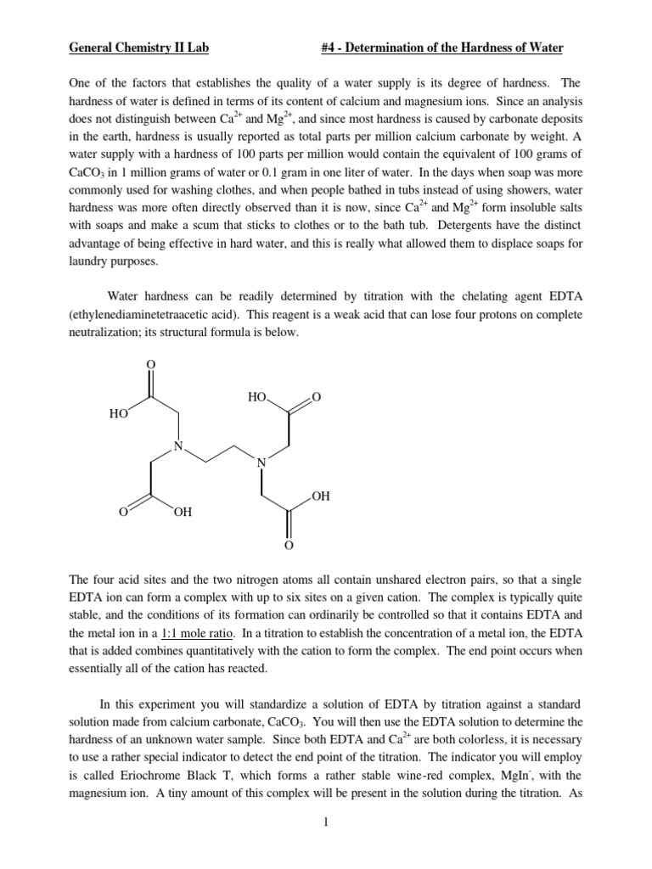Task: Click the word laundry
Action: coord(90,262)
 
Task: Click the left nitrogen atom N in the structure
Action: coord(177,446)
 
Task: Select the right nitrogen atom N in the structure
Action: coord(261,463)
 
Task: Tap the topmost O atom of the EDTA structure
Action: coord(151,364)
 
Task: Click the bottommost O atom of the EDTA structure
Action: coord(288,544)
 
